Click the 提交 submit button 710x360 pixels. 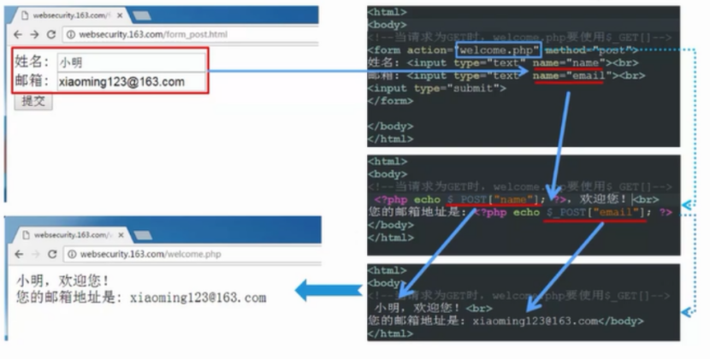(34, 102)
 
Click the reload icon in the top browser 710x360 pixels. (51, 34)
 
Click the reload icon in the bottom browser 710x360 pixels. (52, 254)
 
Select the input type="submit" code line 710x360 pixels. (437, 88)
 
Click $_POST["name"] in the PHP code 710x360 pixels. (492, 198)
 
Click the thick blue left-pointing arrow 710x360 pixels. (328, 292)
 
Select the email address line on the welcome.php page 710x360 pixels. (141, 298)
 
